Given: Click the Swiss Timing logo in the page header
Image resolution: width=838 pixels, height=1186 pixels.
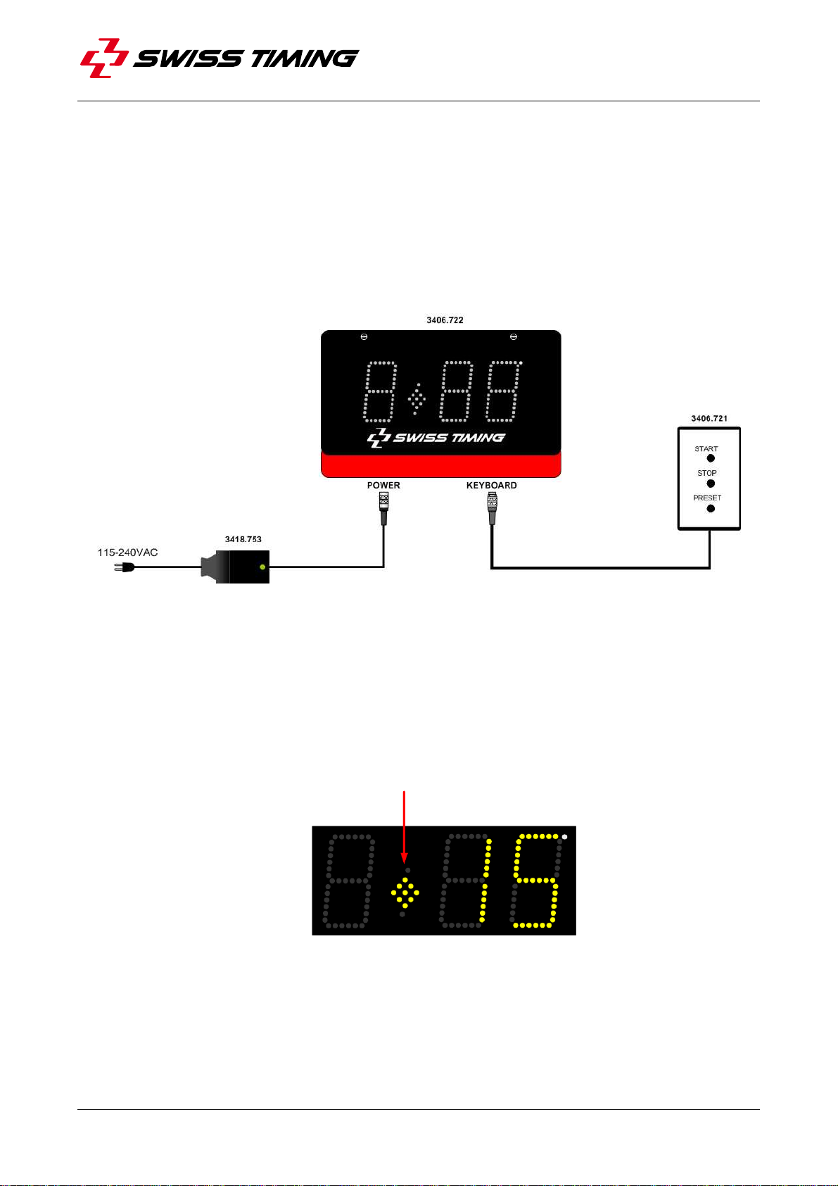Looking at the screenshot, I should [x=220, y=58].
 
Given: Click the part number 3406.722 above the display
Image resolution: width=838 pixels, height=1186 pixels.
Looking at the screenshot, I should [x=445, y=320].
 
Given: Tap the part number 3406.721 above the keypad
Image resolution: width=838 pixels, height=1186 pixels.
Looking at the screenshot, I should [x=709, y=419].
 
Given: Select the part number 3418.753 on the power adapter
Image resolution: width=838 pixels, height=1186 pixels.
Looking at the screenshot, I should [x=243, y=539].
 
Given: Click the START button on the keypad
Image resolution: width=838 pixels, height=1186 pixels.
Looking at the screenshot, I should [x=711, y=458].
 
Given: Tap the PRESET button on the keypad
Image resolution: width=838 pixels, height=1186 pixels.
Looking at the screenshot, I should [x=711, y=508].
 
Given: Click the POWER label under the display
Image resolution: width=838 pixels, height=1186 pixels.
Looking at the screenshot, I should [x=383, y=486].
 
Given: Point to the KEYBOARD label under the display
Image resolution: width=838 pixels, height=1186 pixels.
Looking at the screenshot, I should [x=491, y=486].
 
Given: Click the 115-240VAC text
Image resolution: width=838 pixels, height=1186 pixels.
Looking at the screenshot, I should [x=127, y=553].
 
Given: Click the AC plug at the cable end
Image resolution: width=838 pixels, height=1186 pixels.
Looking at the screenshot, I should [x=123, y=565].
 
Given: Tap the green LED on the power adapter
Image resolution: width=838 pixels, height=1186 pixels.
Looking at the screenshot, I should [x=262, y=567].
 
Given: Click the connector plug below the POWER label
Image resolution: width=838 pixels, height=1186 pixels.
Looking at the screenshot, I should [x=383, y=508].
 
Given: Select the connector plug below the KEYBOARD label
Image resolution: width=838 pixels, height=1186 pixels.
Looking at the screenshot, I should [x=492, y=508].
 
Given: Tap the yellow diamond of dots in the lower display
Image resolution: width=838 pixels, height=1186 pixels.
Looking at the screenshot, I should [x=405, y=894].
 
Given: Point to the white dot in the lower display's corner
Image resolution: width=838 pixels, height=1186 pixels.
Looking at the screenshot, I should [x=565, y=837].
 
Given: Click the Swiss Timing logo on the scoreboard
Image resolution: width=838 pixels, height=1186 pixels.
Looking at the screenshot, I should [x=436, y=438].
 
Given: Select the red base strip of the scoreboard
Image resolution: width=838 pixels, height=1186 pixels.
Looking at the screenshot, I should [x=441, y=466].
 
